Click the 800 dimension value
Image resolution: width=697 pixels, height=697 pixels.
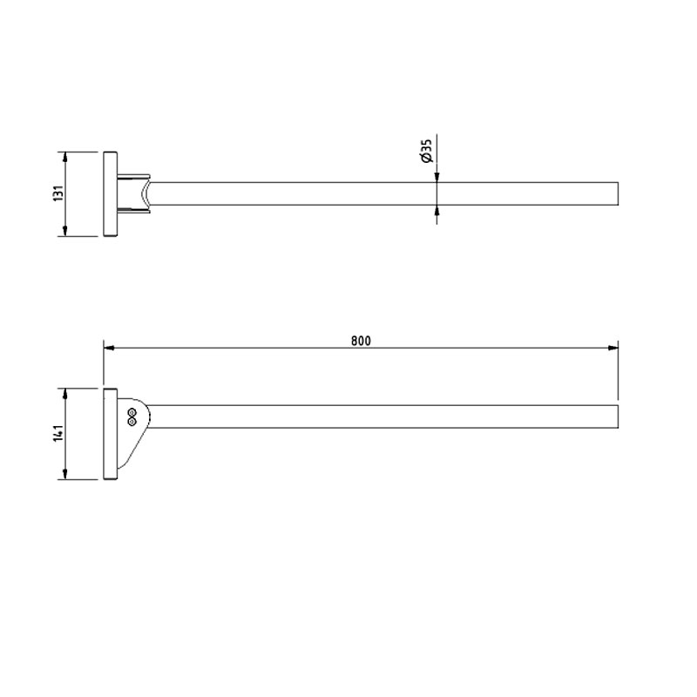(361, 341)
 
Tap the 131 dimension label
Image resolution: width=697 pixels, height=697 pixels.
(59, 193)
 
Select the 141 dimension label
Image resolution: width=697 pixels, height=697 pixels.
(59, 433)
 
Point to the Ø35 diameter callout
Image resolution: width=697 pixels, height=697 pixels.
(427, 151)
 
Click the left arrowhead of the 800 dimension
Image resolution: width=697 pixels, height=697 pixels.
(110, 348)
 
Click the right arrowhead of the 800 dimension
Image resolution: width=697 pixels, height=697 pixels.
(613, 348)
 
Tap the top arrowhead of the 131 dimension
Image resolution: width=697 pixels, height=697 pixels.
(65, 157)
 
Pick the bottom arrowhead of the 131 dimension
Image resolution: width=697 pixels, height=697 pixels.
(65, 231)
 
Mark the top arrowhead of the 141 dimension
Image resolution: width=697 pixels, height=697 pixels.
(65, 394)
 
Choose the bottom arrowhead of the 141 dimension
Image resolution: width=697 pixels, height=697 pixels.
(65, 474)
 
